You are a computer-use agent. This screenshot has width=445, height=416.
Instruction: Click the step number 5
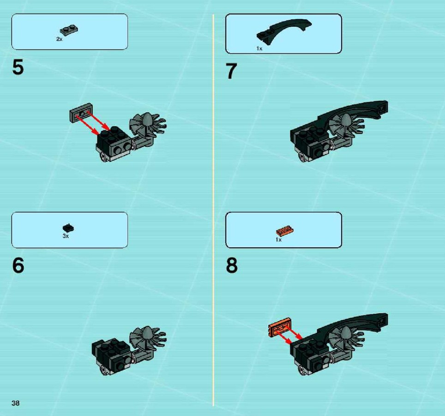tap(18, 67)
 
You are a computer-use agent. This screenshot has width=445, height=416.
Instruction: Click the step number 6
tap(18, 265)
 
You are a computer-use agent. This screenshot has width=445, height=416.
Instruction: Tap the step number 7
tap(231, 71)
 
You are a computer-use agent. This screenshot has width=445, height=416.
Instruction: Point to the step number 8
tap(232, 265)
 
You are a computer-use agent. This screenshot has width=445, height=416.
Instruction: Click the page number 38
tap(16, 403)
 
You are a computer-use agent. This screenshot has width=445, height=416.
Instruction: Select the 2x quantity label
tap(59, 39)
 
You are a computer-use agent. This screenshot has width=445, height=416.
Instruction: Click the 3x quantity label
tap(66, 236)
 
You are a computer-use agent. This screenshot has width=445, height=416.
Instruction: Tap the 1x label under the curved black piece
tap(259, 49)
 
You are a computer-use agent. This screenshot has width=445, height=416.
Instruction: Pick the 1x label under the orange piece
tap(278, 240)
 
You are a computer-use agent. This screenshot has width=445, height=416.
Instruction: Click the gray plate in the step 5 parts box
tap(69, 31)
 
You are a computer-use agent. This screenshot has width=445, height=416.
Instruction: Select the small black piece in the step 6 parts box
tap(68, 227)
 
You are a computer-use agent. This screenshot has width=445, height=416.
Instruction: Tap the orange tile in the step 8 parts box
tap(285, 231)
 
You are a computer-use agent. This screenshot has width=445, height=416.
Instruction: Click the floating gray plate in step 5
tap(81, 113)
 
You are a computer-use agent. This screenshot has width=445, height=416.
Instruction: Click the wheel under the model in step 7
tap(302, 157)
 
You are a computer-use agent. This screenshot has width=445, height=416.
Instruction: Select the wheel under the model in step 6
tap(104, 370)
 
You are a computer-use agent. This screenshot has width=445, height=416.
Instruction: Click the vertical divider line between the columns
tap(213, 210)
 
